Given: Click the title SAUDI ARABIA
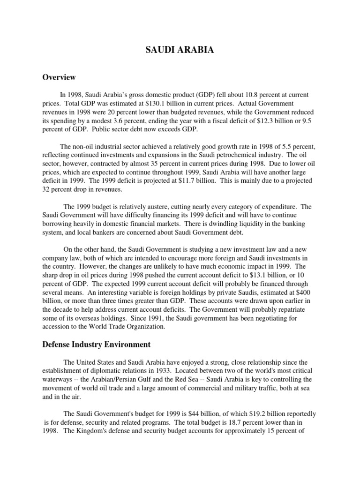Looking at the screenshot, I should click(180, 51).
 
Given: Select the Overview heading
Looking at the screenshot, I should click(59, 77).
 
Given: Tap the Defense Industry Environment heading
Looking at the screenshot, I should click(97, 345).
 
